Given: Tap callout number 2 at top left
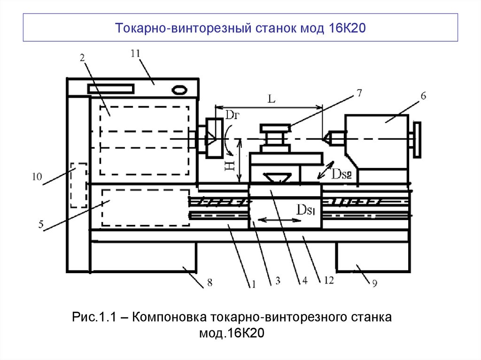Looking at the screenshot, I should [82, 58].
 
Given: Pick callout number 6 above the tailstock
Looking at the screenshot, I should [423, 96].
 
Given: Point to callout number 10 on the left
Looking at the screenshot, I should [37, 177].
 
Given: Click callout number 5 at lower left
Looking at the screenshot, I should [41, 224].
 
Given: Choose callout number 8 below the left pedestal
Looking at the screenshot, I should [209, 283].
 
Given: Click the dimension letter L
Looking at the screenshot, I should [271, 99].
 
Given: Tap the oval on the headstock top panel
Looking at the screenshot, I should [179, 89].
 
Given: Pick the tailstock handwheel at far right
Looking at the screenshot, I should [416, 139].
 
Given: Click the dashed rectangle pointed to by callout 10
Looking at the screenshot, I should [78, 185].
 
